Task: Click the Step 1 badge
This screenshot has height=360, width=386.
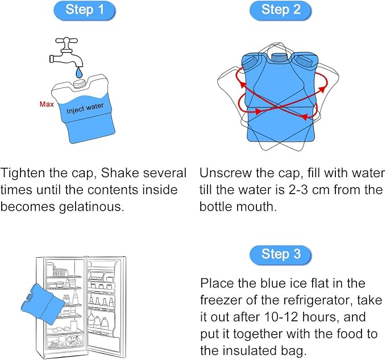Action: pyautogui.click(x=85, y=10)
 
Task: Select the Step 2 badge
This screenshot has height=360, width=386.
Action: pyautogui.click(x=281, y=10)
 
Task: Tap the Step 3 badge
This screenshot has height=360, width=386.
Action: pyautogui.click(x=281, y=255)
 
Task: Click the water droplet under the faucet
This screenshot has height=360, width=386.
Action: pyautogui.click(x=79, y=73)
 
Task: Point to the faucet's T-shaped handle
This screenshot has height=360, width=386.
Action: pyautogui.click(x=67, y=42)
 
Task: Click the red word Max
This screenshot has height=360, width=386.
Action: pyautogui.click(x=47, y=104)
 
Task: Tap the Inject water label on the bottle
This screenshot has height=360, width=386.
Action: pyautogui.click(x=85, y=108)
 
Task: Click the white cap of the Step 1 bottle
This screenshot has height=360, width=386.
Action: pyautogui.click(x=80, y=83)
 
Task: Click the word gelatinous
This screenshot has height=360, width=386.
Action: pyautogui.click(x=92, y=207)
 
